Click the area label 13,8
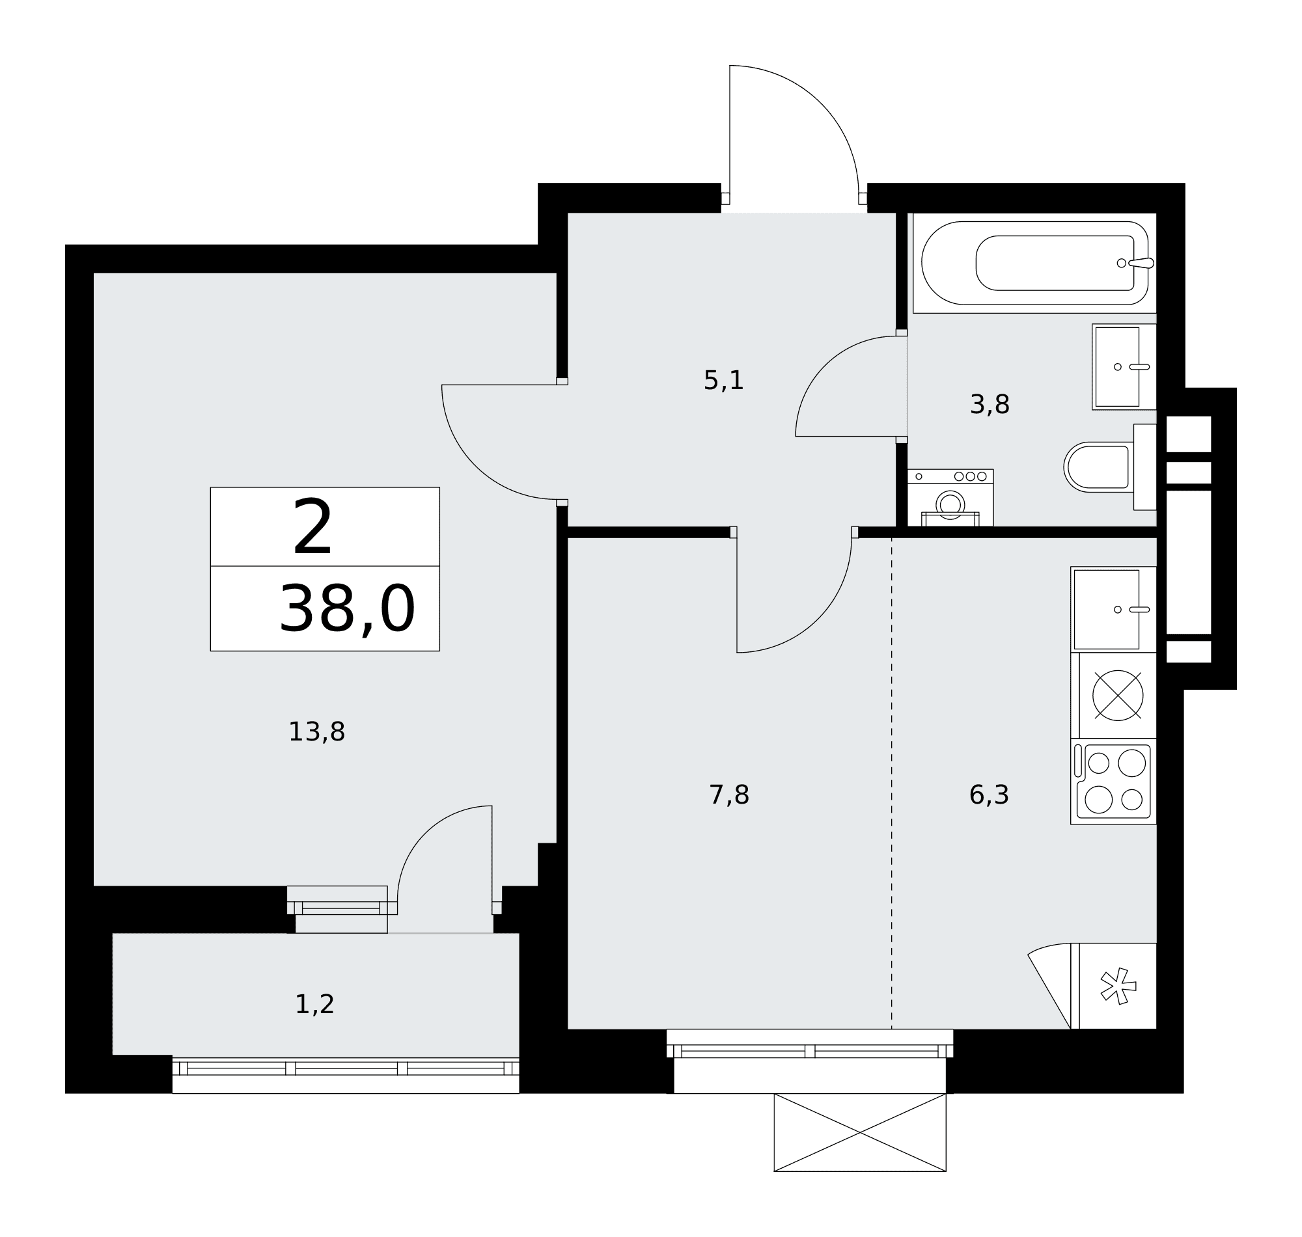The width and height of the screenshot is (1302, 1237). click(316, 732)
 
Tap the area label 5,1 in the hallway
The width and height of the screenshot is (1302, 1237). click(723, 381)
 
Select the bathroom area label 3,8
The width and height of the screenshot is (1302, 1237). click(990, 404)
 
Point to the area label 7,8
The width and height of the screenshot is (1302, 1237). click(729, 795)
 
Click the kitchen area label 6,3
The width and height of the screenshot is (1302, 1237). click(989, 795)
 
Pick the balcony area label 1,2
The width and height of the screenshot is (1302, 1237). click(314, 1005)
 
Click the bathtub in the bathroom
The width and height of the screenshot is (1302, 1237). click(1034, 263)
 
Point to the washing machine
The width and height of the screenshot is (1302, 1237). click(950, 498)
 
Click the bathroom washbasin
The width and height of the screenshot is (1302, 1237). click(1124, 366)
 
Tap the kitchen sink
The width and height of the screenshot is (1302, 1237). click(1113, 609)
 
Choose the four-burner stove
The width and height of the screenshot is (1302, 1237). click(1113, 782)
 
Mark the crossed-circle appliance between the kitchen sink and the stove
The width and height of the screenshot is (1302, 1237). click(1117, 695)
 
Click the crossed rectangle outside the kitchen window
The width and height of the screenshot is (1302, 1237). click(859, 1133)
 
